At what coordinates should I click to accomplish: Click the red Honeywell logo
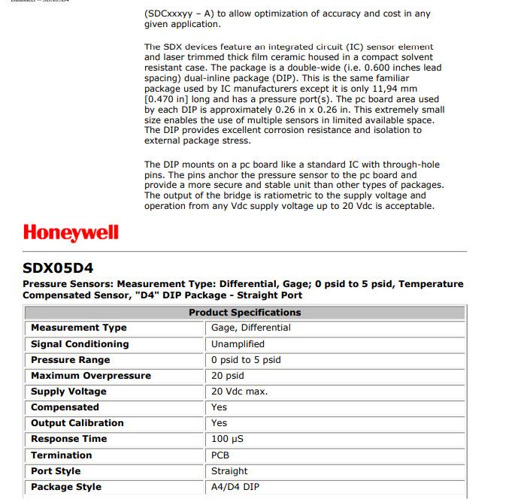coord(71,231)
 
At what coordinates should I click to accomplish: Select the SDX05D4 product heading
coord(58,267)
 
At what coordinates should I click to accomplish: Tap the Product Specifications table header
coord(244,313)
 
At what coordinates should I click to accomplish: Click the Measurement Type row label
coord(79,328)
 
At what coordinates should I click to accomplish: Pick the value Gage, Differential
coord(250,328)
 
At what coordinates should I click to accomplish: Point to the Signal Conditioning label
coord(80,344)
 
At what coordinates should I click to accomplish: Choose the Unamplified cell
coord(238,344)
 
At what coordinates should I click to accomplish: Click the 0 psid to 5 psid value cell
coord(246,360)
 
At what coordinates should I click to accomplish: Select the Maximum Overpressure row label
coord(91,376)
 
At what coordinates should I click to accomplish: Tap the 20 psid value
coord(227,376)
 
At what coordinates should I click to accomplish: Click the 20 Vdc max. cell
coord(239,392)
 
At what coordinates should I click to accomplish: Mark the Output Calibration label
coord(77,423)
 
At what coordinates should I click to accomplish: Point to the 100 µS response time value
coord(227,439)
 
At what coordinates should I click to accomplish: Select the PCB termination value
coord(220,455)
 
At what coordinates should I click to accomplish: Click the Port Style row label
coord(56,471)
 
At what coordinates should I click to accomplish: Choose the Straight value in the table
coord(229,471)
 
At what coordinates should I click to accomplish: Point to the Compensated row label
coord(65,407)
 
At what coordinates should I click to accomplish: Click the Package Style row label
coord(66,487)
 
